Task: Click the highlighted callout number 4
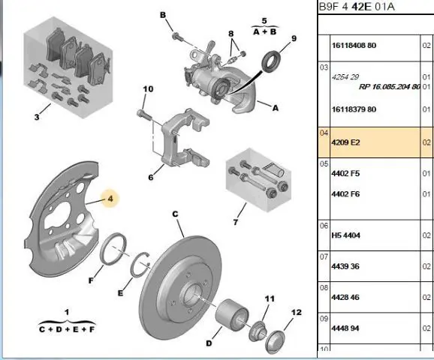[110, 199]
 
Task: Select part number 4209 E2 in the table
[345, 142]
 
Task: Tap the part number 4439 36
[345, 266]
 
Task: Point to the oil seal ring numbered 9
[271, 61]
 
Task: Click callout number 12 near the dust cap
[296, 313]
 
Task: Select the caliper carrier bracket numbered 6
[185, 138]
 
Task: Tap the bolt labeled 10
[144, 115]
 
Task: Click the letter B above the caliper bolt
[163, 15]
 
